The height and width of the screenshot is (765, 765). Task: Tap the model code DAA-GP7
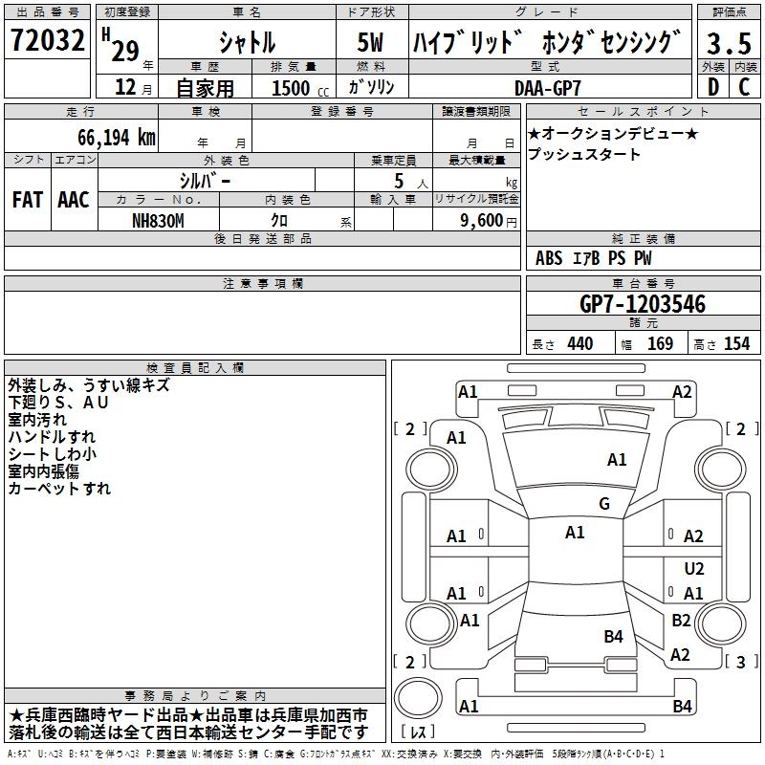(x=555, y=87)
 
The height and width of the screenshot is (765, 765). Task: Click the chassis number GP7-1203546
(x=643, y=305)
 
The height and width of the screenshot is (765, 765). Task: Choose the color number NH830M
(x=159, y=220)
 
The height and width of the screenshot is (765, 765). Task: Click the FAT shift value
(x=27, y=200)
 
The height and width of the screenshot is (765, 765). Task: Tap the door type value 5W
(x=371, y=43)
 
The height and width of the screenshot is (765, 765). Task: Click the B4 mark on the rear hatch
(x=613, y=636)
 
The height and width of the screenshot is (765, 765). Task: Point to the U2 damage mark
(x=693, y=568)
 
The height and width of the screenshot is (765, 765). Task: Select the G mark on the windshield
(x=603, y=503)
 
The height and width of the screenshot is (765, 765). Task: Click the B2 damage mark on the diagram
(x=681, y=621)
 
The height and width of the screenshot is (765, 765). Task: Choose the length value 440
(x=579, y=344)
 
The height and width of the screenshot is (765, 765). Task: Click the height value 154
(x=736, y=344)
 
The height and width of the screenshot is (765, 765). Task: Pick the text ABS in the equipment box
(x=549, y=258)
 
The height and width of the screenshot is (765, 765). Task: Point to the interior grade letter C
(x=744, y=87)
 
